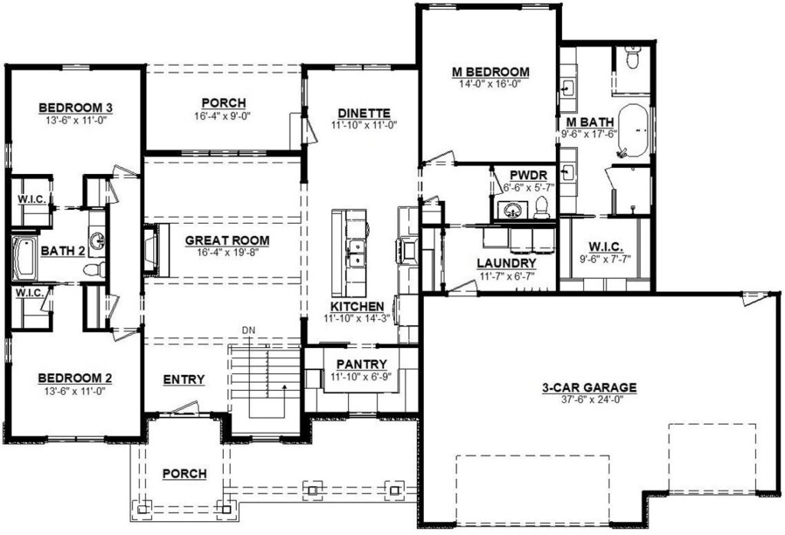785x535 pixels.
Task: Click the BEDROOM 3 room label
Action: point(76,107)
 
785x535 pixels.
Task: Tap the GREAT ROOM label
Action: point(227,241)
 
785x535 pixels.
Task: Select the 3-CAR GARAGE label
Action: point(590,387)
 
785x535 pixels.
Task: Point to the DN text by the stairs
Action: point(248,330)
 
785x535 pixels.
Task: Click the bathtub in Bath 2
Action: point(24,259)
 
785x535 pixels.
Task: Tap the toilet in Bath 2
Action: point(94,270)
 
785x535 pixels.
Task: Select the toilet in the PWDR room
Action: point(541,207)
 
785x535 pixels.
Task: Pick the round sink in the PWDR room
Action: point(511,210)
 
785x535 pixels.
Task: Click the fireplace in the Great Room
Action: point(156,250)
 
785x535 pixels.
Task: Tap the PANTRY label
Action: point(362,364)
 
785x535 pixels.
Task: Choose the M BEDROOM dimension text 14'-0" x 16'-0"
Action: point(490,84)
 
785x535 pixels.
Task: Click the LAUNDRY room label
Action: point(507,263)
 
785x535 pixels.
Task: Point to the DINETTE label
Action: point(364,113)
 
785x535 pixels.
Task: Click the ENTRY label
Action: point(184,380)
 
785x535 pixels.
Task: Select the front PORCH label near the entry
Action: point(184,474)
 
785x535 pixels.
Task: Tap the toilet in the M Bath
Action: point(632,57)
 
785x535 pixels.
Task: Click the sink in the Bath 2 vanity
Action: point(97,241)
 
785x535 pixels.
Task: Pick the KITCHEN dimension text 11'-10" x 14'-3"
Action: point(357,318)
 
